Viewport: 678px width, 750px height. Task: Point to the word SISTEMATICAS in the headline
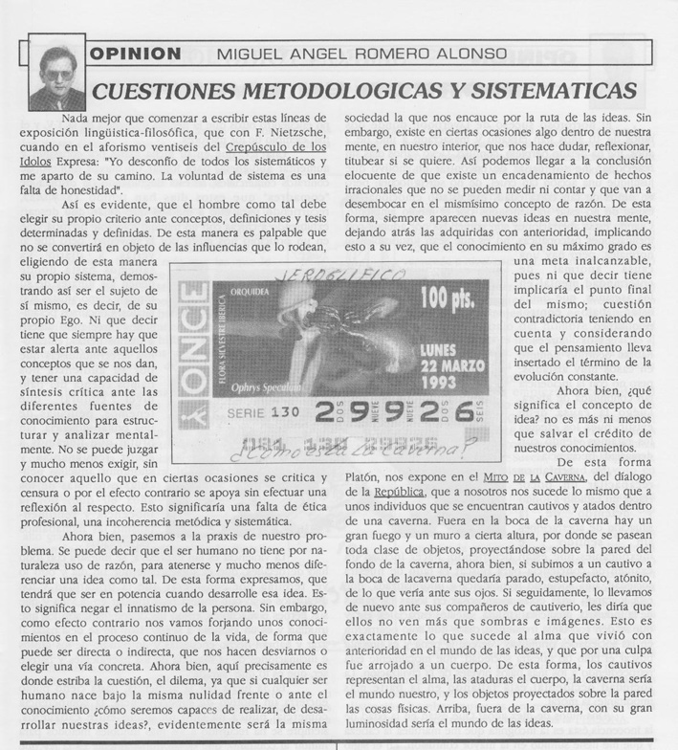pyautogui.click(x=550, y=90)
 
